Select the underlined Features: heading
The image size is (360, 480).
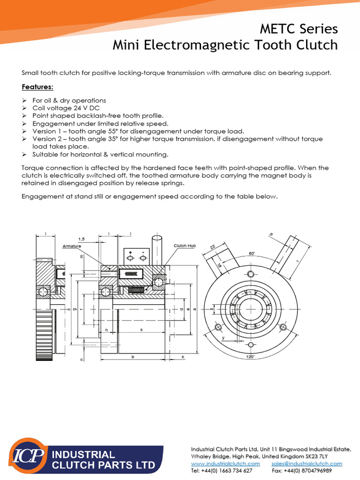37,87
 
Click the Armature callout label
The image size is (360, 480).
72,246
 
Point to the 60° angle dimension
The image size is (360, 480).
252,254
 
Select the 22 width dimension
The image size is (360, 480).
212,247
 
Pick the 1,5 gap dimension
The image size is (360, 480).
81,239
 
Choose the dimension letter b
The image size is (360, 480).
133,357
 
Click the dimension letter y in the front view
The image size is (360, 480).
223,337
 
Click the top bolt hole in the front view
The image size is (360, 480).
252,273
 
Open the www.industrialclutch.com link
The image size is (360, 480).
225,464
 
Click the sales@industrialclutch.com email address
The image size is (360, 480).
307,464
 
